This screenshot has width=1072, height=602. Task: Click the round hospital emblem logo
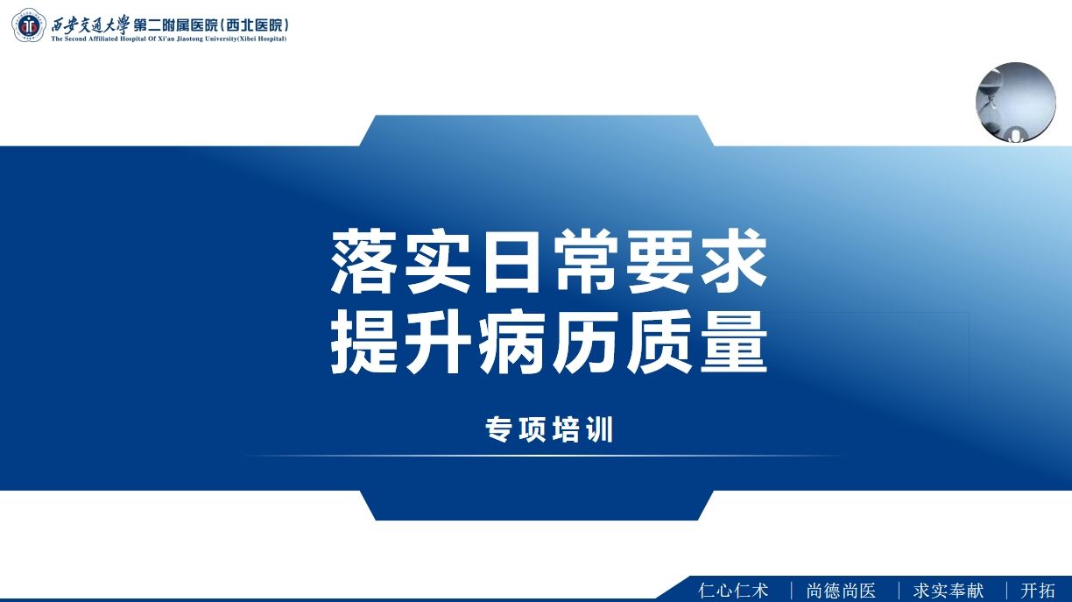29,25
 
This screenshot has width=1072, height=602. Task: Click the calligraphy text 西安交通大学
90,24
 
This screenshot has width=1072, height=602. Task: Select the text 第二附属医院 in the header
176,25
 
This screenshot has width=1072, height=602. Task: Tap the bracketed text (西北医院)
255,25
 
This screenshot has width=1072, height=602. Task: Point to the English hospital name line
169,39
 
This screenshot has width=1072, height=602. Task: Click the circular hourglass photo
1016,103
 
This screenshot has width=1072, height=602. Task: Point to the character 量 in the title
734,342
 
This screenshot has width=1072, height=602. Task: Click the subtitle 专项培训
549,429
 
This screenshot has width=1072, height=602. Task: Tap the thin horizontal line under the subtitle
543,456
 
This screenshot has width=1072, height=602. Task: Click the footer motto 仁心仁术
733,591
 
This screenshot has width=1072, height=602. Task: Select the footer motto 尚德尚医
841,591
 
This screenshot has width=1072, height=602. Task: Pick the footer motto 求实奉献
949,591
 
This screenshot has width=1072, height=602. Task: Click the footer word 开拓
1038,591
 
